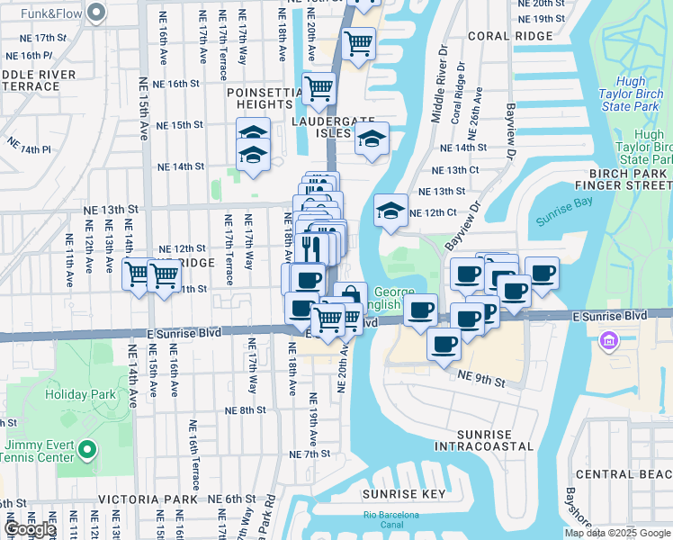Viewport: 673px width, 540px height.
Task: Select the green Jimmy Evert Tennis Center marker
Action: coord(86,448)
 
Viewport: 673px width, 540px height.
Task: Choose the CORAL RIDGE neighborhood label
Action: coord(506,38)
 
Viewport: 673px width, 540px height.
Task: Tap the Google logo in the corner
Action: coord(31,529)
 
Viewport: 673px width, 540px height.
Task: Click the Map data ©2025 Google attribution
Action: coord(617,533)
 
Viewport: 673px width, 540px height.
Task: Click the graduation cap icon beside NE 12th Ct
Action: coord(390,211)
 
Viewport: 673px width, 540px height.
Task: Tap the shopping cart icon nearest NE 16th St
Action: coord(319,88)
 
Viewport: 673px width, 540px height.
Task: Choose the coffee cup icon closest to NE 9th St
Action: coord(443,344)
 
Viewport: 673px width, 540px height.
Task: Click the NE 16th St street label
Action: coord(175,83)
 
